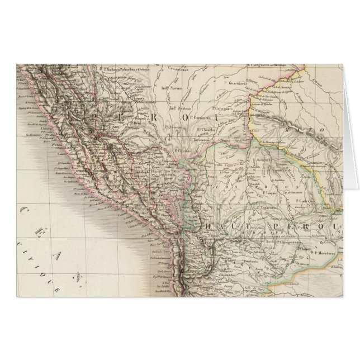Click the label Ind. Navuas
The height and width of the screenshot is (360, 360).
point(171,88)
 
